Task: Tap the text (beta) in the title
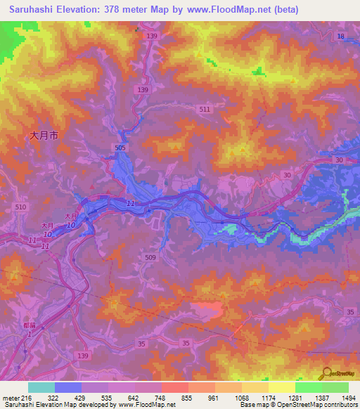click(x=281, y=10)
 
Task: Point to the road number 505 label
click(x=121, y=148)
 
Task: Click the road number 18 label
click(x=341, y=36)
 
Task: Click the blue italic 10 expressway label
click(x=71, y=225)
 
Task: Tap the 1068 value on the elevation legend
click(x=241, y=398)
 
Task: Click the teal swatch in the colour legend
click(x=41, y=387)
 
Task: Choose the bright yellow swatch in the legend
click(x=281, y=387)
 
